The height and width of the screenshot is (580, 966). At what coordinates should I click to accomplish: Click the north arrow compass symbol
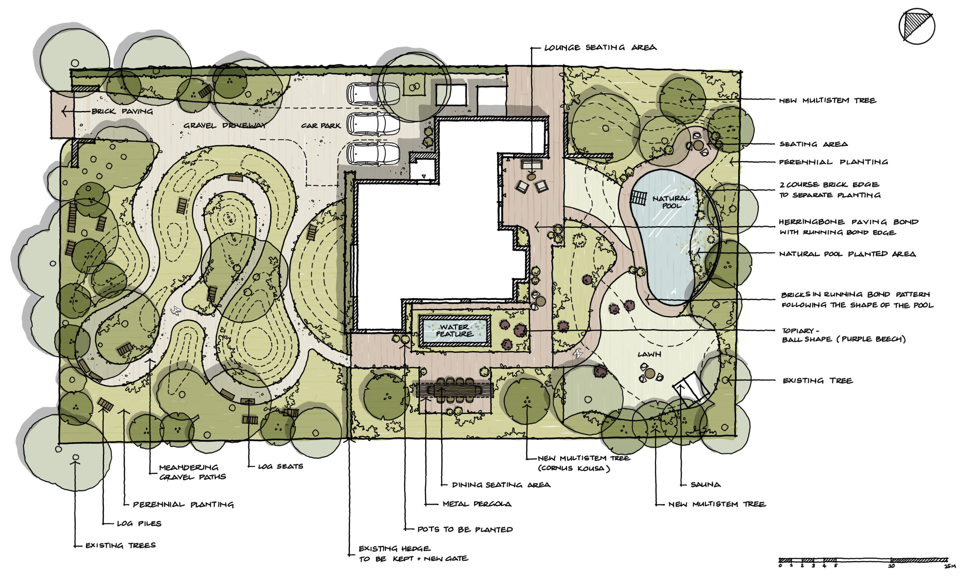tap(917, 26)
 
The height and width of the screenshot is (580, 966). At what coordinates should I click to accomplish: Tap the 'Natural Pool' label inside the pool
tap(671, 202)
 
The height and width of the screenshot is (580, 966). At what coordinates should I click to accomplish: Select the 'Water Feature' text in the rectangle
tap(454, 330)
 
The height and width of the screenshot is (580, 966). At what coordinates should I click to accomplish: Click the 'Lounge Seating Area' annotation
tap(600, 48)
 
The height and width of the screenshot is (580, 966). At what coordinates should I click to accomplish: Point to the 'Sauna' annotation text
tap(706, 484)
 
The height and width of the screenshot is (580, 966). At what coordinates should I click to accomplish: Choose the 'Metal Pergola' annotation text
tap(477, 504)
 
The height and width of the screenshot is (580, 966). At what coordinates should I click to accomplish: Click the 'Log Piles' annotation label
tap(139, 523)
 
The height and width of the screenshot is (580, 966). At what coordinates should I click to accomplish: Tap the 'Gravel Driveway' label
tap(225, 125)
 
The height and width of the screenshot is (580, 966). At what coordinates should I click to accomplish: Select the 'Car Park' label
tap(321, 125)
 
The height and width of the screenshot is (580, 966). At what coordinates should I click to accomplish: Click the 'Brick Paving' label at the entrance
tap(122, 111)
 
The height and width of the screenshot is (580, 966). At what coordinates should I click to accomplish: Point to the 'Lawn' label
tap(649, 354)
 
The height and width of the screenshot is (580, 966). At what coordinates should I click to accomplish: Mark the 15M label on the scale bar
tap(950, 566)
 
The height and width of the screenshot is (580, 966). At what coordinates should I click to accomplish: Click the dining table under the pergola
tap(455, 390)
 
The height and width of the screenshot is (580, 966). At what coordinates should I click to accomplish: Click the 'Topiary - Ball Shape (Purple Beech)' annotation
tap(843, 335)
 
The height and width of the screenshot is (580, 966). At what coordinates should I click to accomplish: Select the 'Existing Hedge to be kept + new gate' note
tap(413, 554)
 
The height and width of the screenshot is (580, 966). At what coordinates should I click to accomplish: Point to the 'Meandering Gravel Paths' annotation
tap(192, 472)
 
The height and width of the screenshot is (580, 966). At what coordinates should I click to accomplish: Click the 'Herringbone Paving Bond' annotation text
tap(849, 222)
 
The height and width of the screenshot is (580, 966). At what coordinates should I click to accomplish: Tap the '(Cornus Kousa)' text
tap(574, 468)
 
